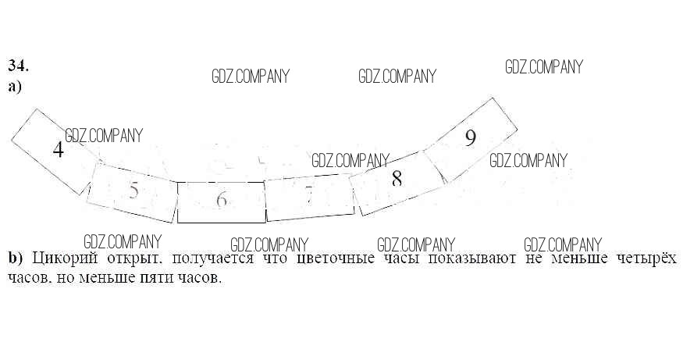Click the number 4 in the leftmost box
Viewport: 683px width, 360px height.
tap(58, 149)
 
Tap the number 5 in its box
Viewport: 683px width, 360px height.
tap(133, 191)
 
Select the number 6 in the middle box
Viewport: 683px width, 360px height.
tap(222, 200)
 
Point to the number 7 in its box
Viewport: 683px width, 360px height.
tap(309, 194)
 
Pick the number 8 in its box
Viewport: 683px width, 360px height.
tap(397, 179)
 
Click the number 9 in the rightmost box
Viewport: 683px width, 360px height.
tap(470, 138)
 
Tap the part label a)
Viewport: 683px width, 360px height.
tap(16, 87)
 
